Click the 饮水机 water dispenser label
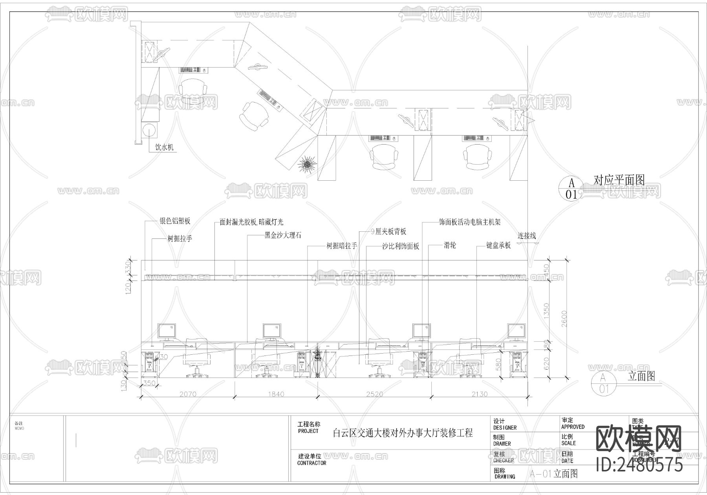164,147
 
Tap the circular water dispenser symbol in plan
150,130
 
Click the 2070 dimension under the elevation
188,394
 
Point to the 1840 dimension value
276,394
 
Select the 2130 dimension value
479,394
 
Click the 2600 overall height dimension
564,319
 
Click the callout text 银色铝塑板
175,221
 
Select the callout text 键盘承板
498,246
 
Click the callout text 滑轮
450,246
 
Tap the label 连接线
526,236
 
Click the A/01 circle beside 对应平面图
571,188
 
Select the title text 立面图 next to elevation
641,376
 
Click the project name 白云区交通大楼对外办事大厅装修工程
403,433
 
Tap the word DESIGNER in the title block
505,428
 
